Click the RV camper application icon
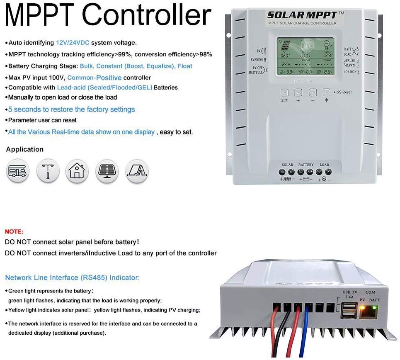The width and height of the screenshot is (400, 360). (x=18, y=170)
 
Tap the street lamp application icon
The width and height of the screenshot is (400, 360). (x=48, y=170)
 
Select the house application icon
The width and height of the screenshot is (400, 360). (x=77, y=170)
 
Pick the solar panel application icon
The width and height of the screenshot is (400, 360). (x=107, y=170)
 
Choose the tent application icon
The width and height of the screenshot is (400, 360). (x=137, y=170)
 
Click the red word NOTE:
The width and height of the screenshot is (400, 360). (x=14, y=231)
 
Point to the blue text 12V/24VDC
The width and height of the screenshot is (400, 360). (x=73, y=43)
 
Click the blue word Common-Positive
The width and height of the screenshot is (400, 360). (x=95, y=78)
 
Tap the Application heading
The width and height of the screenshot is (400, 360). (x=25, y=149)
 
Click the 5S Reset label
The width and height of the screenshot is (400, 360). (x=342, y=92)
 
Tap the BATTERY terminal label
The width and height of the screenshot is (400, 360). (x=306, y=165)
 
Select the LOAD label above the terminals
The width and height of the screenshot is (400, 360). (x=324, y=165)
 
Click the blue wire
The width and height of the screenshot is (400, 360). (x=305, y=332)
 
